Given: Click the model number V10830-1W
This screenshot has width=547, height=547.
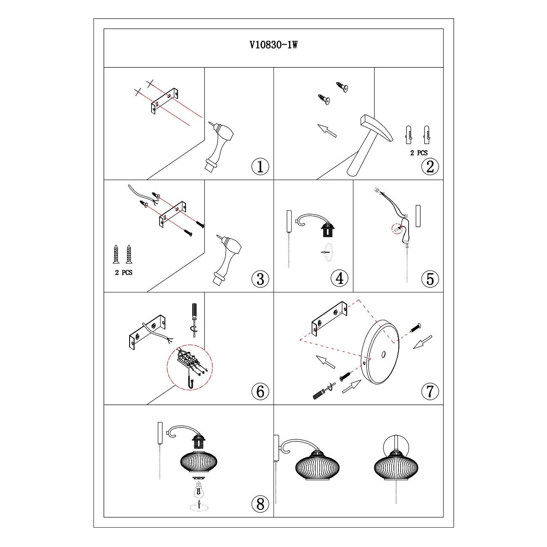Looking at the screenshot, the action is pos(273,45).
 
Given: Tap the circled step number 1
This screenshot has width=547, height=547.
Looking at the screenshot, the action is pos(260,166).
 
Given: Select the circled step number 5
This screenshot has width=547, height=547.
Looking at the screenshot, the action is pos(430,279).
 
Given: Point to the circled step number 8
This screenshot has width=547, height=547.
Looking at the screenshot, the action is pos(260,504).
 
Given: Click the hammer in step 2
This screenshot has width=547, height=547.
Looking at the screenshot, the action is pos(369,145).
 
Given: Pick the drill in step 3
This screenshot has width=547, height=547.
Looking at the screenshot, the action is pos(226,259).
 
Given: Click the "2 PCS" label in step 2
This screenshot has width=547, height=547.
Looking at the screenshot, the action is pos(419,153).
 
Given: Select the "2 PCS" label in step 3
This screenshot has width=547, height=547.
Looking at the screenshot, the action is pos(123,273).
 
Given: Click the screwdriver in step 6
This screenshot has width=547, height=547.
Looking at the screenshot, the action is pos(194,320).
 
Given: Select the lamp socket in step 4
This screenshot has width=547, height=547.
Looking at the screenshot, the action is pos(329,230).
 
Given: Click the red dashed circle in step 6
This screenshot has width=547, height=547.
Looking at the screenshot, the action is pos(190,368).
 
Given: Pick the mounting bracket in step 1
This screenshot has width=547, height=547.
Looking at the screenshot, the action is pos(165,101).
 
